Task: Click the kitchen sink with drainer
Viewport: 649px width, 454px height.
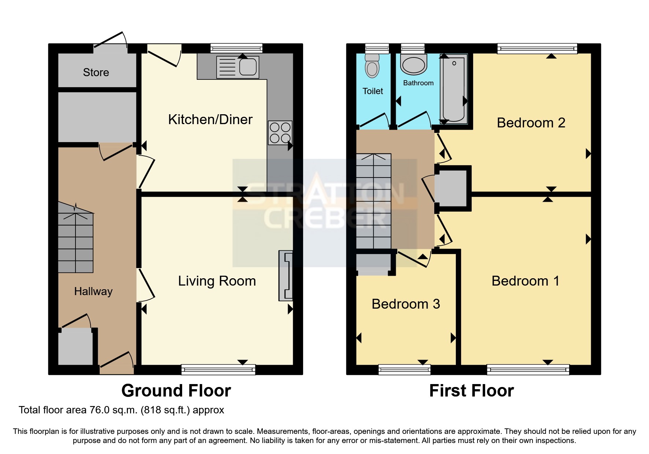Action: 237,67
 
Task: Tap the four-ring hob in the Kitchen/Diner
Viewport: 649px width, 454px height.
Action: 280,133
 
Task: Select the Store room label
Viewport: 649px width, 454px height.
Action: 96,72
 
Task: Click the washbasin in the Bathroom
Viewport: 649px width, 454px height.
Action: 414,65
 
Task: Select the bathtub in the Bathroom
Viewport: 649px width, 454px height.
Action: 454,89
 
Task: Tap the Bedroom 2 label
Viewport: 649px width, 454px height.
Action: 531,123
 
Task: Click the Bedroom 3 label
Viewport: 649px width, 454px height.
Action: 406,304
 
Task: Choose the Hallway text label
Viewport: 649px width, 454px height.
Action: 93,291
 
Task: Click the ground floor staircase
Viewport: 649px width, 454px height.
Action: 75,242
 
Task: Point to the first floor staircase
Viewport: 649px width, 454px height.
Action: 373,201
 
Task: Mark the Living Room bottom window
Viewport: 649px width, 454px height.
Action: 218,369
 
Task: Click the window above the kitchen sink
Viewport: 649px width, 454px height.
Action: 236,48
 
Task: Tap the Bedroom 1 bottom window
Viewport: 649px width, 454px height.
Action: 528,369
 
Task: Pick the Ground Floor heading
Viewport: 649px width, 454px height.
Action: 176,391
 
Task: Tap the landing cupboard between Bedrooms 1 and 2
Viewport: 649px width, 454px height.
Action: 453,189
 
